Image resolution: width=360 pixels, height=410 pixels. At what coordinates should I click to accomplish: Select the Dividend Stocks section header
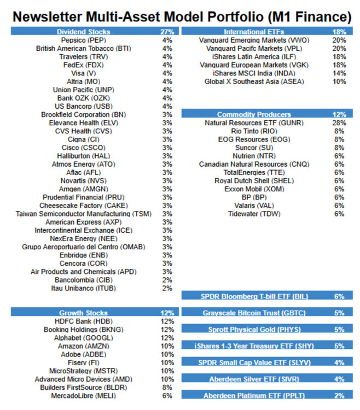click(x=83, y=32)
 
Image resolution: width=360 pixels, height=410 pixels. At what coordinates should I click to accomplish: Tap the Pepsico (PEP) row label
click(x=83, y=40)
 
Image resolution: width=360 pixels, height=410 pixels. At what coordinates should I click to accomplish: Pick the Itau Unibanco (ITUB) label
click(x=85, y=288)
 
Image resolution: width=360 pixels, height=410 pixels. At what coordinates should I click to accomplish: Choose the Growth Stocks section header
click(x=83, y=313)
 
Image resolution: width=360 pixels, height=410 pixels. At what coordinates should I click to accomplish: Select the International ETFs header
click(x=253, y=32)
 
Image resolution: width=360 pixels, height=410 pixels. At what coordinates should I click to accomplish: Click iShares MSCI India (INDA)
click(x=253, y=73)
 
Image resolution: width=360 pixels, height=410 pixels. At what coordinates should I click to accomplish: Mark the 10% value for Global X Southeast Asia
click(x=339, y=81)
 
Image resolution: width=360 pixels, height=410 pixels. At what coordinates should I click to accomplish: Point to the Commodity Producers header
click(x=254, y=115)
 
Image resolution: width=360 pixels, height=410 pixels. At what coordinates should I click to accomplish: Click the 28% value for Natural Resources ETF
click(x=339, y=123)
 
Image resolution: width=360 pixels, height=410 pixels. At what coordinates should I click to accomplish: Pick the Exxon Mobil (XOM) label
click(x=253, y=189)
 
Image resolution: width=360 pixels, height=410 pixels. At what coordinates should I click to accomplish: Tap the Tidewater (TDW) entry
click(x=253, y=214)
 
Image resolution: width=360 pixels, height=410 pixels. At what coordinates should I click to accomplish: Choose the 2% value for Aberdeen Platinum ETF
click(x=339, y=396)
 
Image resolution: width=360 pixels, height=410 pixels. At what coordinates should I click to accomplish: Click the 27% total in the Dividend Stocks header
click(x=167, y=32)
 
